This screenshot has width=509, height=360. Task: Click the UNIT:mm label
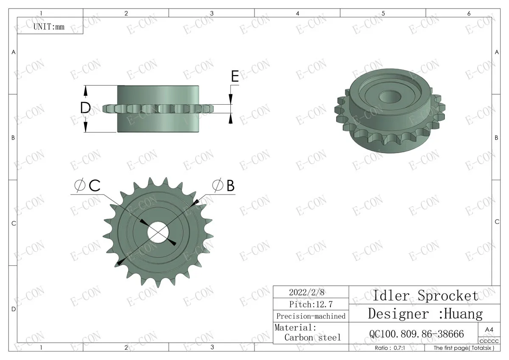pyautogui.click(x=49, y=27)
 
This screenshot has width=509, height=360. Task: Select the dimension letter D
pyautogui.click(x=86, y=109)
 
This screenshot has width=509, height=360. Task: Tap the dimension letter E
pyautogui.click(x=235, y=76)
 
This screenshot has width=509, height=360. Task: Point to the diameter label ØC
pyautogui.click(x=88, y=185)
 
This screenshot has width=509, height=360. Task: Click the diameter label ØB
pyautogui.click(x=224, y=185)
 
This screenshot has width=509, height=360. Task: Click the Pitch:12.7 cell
pyautogui.click(x=310, y=304)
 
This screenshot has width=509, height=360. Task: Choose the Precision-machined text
pyautogui.click(x=310, y=316)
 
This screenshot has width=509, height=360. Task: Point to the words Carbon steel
pyautogui.click(x=312, y=338)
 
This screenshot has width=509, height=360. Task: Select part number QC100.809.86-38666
pyautogui.click(x=417, y=334)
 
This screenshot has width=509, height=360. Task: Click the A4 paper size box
pyautogui.click(x=489, y=329)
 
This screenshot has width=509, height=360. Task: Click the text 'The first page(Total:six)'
pyautogui.click(x=464, y=348)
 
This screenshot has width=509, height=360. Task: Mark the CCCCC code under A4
pyautogui.click(x=489, y=341)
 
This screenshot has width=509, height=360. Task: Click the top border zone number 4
pyautogui.click(x=297, y=14)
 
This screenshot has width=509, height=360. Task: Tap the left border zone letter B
pyautogui.click(x=13, y=137)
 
